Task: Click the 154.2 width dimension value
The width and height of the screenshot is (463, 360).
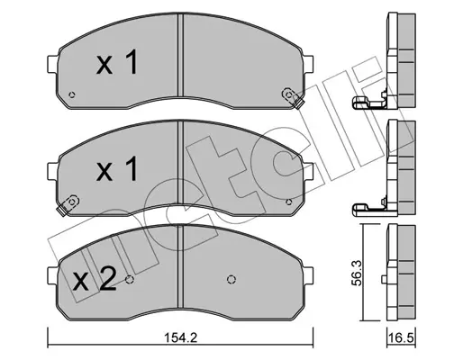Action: pyautogui.click(x=180, y=338)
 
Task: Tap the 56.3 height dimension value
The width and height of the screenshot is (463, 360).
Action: pyautogui.click(x=357, y=273)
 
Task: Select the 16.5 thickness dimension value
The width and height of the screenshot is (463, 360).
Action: pyautogui.click(x=402, y=338)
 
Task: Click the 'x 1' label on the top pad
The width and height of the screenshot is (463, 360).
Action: pyautogui.click(x=117, y=62)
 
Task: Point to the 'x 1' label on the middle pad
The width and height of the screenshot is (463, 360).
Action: pyautogui.click(x=117, y=169)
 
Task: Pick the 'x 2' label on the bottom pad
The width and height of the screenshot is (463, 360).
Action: pyautogui.click(x=95, y=279)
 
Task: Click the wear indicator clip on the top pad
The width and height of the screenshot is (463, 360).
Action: pyautogui.click(x=294, y=98)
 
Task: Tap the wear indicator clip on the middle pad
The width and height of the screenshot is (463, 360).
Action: pyautogui.click(x=68, y=205)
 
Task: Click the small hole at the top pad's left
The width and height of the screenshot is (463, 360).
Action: pyautogui.click(x=72, y=95)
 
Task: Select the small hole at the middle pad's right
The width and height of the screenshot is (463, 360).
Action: pyautogui.click(x=288, y=202)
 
